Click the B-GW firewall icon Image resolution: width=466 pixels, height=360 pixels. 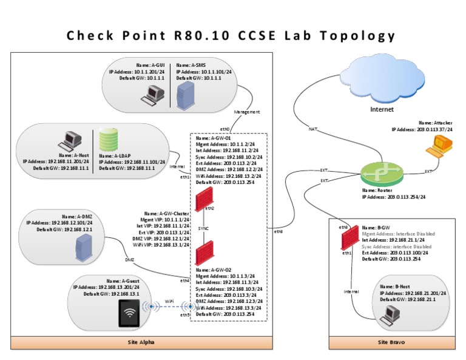point(347,239)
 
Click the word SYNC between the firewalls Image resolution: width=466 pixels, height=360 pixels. point(203,229)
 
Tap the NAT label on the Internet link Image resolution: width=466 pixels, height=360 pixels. point(313,129)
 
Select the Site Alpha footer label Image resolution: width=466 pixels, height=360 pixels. point(141,342)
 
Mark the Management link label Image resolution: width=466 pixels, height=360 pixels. point(246,112)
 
